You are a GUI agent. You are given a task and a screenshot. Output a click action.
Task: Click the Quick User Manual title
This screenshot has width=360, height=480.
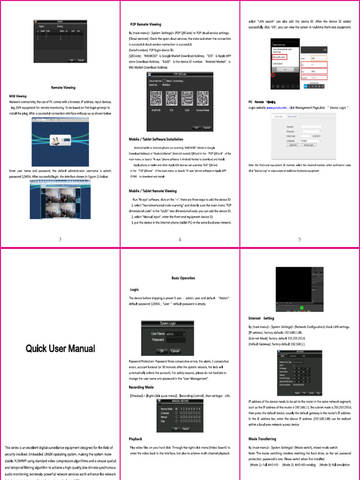click(x=60, y=349)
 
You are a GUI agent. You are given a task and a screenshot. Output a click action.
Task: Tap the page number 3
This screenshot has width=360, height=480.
click(x=60, y=240)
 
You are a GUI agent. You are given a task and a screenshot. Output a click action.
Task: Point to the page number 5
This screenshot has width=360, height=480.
click(x=300, y=240)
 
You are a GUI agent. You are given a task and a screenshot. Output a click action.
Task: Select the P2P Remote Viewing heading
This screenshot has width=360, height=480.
click(x=145, y=24)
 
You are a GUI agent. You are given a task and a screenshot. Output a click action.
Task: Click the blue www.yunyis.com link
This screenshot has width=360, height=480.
click(x=277, y=108)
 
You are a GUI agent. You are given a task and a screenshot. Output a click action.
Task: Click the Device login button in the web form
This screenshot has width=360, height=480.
click(x=308, y=145)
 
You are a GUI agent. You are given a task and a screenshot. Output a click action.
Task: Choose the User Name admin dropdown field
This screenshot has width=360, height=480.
click(x=175, y=334)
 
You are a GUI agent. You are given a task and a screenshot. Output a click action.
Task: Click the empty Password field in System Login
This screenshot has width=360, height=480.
click(x=175, y=340)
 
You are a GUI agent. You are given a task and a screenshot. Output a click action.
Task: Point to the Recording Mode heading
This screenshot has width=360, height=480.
click(x=141, y=387)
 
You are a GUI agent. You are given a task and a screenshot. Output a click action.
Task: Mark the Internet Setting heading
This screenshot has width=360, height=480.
click(x=262, y=318)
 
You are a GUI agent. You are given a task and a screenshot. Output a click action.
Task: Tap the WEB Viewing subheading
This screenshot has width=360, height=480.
click(x=18, y=96)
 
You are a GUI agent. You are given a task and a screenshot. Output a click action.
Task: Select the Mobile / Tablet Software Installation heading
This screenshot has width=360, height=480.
click(x=156, y=139)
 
